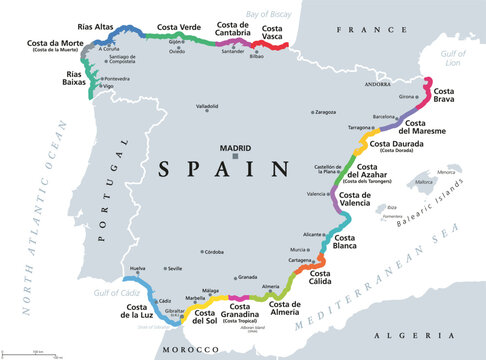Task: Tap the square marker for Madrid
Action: click(x=235, y=156)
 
